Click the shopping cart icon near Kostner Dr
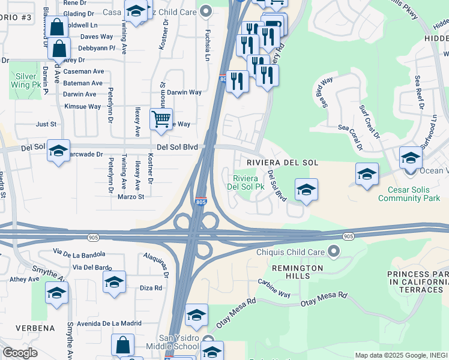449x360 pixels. point(161,120)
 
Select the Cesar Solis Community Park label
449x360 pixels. point(409,193)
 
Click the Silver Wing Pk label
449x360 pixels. point(26,80)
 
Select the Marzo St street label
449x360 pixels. point(131,197)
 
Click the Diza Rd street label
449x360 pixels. point(150,288)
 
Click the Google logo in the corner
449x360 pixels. point(19,353)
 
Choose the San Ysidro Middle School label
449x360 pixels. point(178,342)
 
